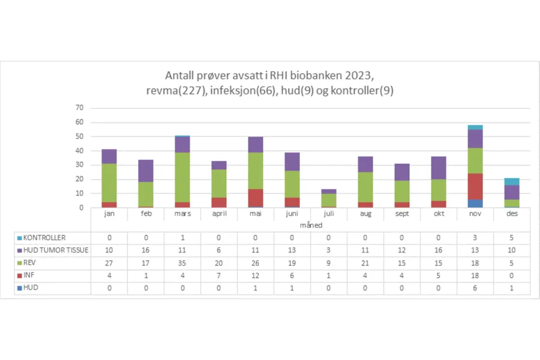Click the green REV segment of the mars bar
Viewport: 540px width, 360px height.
click(183, 177)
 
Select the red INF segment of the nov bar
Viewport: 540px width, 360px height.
click(475, 187)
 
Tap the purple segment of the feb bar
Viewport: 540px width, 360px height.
click(146, 171)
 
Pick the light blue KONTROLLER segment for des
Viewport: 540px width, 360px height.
click(512, 181)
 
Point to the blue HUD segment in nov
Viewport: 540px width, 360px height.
click(475, 203)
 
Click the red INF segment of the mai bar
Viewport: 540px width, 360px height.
click(256, 197)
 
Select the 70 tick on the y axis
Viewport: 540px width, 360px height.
click(79, 108)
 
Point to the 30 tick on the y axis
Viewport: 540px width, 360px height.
click(79, 165)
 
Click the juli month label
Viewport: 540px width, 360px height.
click(328, 214)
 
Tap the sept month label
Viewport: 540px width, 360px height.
click(402, 214)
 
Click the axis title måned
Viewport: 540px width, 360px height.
click(310, 224)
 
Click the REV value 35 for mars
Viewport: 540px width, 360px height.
click(182, 263)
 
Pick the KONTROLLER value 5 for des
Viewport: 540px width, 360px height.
click(512, 238)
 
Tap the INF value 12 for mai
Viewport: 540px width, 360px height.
click(256, 275)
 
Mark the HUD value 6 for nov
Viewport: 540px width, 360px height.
click(475, 288)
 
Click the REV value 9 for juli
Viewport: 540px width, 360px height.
click(329, 263)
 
